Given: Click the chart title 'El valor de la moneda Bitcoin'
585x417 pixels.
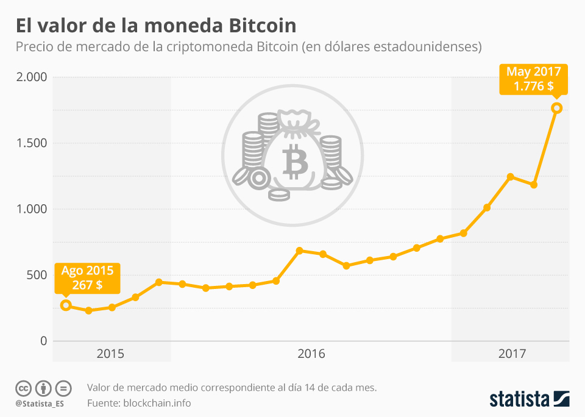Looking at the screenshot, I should click(x=156, y=26).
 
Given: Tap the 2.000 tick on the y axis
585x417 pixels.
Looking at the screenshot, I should click(x=31, y=77).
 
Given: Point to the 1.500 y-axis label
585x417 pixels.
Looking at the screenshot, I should click(x=31, y=143).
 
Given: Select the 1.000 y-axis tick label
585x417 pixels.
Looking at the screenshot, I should click(x=31, y=209).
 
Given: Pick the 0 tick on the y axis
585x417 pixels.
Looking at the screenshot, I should click(x=43, y=341).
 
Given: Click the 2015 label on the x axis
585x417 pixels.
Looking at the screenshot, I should click(x=110, y=354).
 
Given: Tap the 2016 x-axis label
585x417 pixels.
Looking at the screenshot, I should click(x=311, y=354).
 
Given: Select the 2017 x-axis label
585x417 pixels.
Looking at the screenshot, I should click(x=512, y=354).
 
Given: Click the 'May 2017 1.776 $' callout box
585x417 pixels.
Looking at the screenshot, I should click(x=533, y=79).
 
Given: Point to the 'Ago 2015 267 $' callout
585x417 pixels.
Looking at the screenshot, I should click(x=87, y=277).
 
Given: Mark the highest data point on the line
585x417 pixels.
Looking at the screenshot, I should click(x=556, y=108).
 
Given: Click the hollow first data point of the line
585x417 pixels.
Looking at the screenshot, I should click(x=66, y=305).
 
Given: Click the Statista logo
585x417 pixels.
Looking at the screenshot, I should click(x=530, y=399).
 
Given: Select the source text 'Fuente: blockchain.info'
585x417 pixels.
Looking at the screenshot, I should click(x=139, y=402).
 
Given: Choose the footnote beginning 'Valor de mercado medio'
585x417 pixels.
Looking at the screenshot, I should click(x=232, y=387).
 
